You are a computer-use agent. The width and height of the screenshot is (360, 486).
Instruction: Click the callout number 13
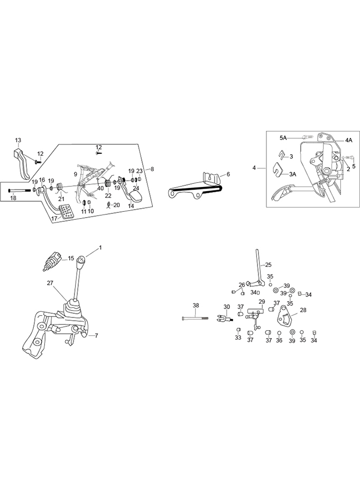click(18, 140)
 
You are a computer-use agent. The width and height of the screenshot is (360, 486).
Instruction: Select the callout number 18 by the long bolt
click(14, 198)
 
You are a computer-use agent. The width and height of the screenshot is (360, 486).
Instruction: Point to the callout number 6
click(228, 174)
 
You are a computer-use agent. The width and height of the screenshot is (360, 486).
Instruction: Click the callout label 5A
click(283, 137)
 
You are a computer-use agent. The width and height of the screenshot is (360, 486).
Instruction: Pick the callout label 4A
click(348, 140)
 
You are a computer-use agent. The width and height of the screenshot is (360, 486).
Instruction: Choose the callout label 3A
click(292, 173)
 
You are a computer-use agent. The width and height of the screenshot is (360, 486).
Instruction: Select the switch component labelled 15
click(53, 261)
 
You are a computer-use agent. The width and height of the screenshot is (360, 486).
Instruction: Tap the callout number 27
click(50, 283)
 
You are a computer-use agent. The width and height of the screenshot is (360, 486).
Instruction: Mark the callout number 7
click(96, 335)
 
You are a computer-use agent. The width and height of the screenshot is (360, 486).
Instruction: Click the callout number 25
click(268, 265)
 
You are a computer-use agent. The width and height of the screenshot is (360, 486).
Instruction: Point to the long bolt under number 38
click(199, 319)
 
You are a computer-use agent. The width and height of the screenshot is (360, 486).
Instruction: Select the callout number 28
click(303, 310)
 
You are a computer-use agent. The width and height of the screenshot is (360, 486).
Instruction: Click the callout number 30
click(227, 307)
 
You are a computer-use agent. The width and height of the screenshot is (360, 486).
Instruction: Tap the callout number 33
click(238, 338)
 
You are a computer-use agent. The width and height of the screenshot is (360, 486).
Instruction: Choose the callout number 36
click(279, 340)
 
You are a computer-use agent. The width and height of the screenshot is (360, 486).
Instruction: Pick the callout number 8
click(152, 169)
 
